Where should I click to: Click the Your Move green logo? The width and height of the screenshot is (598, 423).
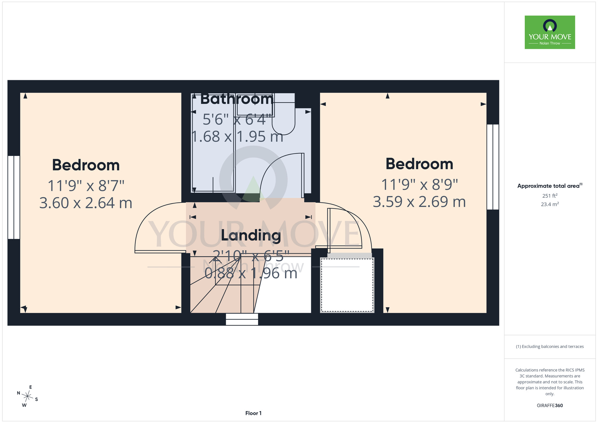(550, 32)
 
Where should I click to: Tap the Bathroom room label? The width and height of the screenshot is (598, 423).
(237, 99)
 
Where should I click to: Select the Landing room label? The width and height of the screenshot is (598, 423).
(251, 236)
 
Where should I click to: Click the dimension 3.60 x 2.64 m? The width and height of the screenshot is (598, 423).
(86, 203)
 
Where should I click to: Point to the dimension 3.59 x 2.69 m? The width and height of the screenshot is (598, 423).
(419, 202)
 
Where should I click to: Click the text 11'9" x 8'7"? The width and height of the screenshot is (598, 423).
(86, 186)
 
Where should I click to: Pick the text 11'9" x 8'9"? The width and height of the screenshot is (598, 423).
(419, 185)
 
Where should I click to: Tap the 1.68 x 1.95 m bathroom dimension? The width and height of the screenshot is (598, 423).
(237, 137)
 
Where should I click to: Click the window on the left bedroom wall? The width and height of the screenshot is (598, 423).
(14, 197)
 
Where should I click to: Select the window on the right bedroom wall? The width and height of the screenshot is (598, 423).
(493, 167)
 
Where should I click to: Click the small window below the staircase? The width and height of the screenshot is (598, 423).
(242, 319)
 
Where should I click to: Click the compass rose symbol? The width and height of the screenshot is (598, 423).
(27, 396)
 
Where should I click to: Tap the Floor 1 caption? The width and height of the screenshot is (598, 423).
(253, 413)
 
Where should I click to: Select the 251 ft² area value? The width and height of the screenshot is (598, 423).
(550, 196)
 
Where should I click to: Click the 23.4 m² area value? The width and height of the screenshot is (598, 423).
(550, 204)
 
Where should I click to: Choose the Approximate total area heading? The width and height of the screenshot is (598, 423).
(550, 186)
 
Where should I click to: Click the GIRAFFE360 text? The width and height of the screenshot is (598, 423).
(550, 406)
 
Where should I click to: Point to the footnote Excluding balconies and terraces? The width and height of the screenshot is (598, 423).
(550, 346)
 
